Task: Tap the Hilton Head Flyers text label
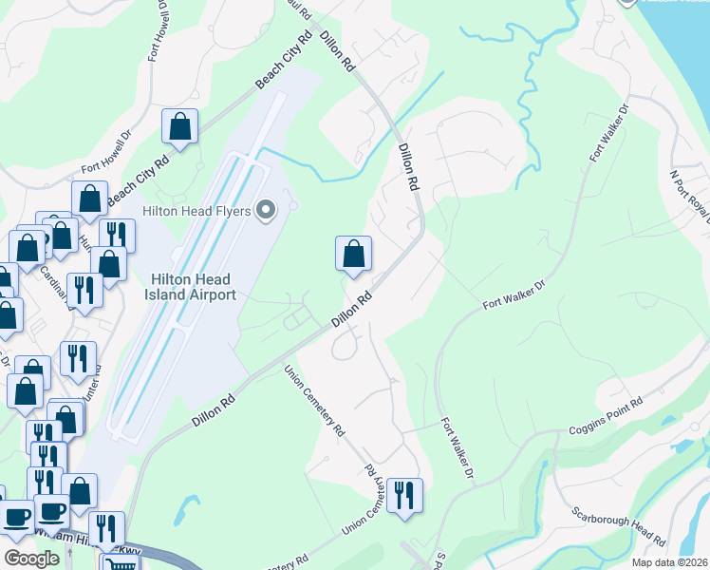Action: click(x=197, y=210)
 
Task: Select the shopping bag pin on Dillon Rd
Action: click(x=353, y=254)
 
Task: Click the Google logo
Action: click(x=31, y=559)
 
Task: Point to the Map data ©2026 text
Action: click(x=670, y=562)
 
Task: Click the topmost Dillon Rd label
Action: click(x=337, y=52)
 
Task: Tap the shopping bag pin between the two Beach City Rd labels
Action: click(x=179, y=126)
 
